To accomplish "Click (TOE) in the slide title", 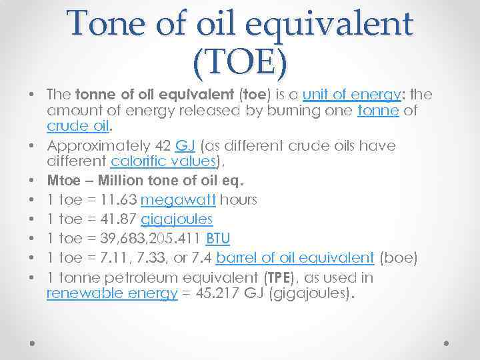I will tap(241, 63).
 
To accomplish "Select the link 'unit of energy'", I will tap(349, 94).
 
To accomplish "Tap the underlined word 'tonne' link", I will tap(378, 111).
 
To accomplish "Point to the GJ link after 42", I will tap(184, 145).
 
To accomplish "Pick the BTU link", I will tap(217, 238).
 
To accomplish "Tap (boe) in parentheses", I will tap(401, 257).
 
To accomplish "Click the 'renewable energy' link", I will tap(112, 294).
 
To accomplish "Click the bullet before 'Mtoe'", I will tap(32, 181).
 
